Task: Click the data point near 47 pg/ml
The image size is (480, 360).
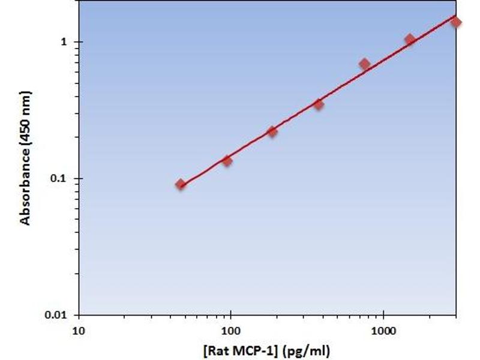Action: [181, 184]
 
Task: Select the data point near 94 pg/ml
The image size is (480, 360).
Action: [227, 160]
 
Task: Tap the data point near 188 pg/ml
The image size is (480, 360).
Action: [272, 131]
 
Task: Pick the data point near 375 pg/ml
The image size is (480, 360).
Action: [319, 105]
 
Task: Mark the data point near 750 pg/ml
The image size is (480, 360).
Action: [364, 64]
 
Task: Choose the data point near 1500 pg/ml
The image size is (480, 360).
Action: [410, 40]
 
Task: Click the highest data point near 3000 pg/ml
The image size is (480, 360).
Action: [456, 22]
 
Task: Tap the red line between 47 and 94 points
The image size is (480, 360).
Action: [204, 172]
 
